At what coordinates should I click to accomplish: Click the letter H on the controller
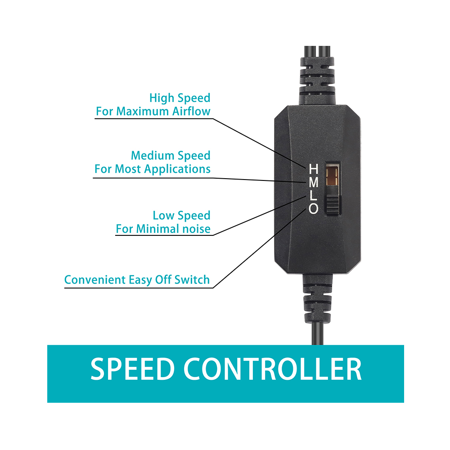(313, 169)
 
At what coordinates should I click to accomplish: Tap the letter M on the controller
(313, 183)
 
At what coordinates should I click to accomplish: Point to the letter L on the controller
(313, 196)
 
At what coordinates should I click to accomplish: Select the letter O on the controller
(313, 209)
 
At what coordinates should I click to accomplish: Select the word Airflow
(191, 111)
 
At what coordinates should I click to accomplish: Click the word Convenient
(95, 280)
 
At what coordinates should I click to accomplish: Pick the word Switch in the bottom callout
(192, 280)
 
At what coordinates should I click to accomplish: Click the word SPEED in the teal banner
(133, 369)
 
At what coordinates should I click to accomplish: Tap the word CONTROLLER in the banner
(272, 369)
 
